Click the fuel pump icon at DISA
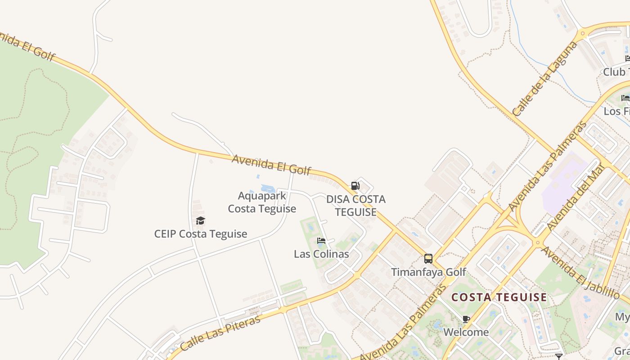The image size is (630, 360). (355, 185)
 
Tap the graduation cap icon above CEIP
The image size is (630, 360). (200, 220)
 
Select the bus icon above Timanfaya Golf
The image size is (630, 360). (428, 259)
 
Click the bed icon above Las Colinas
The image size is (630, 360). (321, 241)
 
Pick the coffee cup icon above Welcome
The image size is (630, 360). (466, 319)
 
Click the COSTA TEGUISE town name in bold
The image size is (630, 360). (499, 297)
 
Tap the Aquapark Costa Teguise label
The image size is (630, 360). (262, 202)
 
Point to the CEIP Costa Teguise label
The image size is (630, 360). (201, 234)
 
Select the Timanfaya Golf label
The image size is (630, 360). (428, 272)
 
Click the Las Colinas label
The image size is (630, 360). (321, 254)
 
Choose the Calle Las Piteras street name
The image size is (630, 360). (220, 333)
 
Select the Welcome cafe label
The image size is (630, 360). (466, 332)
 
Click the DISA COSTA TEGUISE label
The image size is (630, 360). (355, 205)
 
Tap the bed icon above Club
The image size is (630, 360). (628, 58)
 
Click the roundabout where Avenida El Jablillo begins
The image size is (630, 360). (537, 243)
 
